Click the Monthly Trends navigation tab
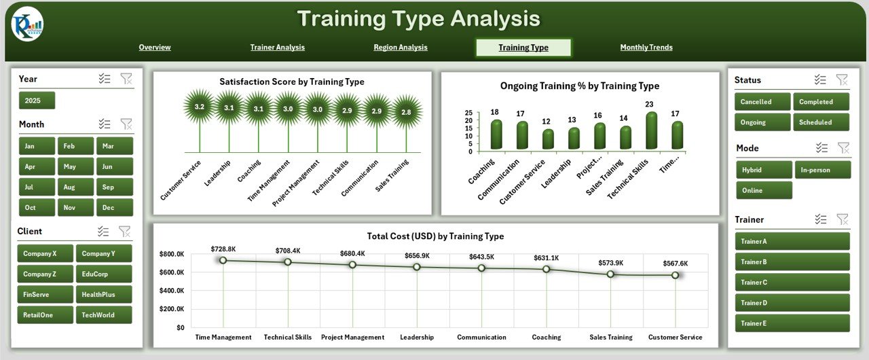tap(646, 48)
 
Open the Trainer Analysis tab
tap(277, 48)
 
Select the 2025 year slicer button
tap(37, 101)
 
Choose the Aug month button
tap(75, 187)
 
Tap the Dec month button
tap(114, 208)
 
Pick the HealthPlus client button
tap(104, 294)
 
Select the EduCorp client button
tap(104, 274)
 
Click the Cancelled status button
tap(762, 102)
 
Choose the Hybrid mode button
tap(764, 170)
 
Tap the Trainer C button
tap(792, 282)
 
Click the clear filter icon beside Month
tap(126, 124)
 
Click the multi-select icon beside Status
tap(820, 79)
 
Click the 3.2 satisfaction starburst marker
tap(199, 107)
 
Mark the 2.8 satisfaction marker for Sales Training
tap(406, 111)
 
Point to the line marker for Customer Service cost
tap(675, 275)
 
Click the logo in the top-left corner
tap(27, 25)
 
